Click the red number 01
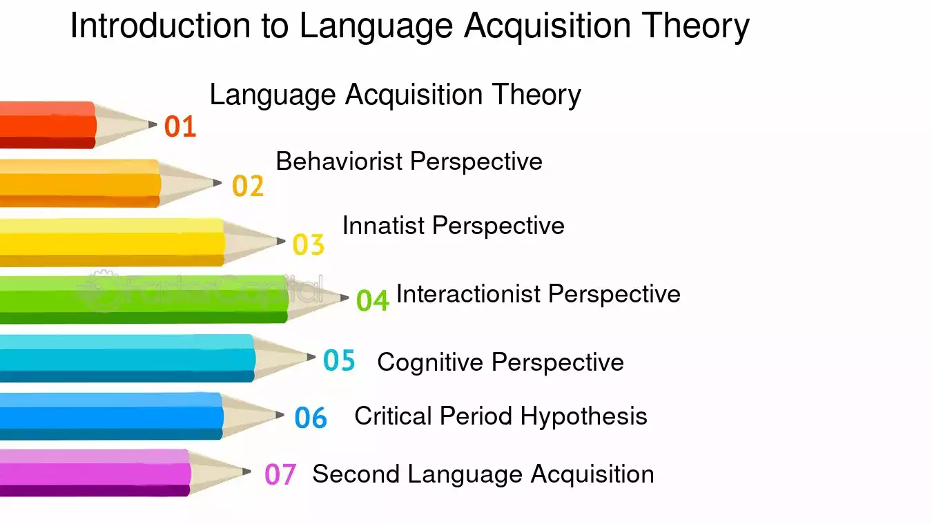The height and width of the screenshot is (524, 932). click(180, 126)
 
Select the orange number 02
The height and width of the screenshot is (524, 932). click(248, 186)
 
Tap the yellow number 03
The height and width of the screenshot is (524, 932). click(309, 244)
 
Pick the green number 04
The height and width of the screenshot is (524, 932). click(373, 300)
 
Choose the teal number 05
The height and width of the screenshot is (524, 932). click(339, 360)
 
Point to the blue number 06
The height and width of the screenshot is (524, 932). click(311, 418)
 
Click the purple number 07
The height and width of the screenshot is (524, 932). click(280, 474)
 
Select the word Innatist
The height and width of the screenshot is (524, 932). click(384, 226)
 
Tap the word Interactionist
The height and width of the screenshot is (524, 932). click(468, 294)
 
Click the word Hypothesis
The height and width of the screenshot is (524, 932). click(584, 417)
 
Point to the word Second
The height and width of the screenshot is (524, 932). click(356, 474)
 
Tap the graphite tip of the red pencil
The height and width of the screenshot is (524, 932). click(153, 124)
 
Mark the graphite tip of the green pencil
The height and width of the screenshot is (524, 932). click(344, 297)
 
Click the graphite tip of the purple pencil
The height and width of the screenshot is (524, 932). click(246, 472)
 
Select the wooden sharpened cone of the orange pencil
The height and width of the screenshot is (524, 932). click(187, 183)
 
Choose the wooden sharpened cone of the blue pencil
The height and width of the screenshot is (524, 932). click(250, 416)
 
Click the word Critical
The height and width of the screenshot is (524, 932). click(394, 416)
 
